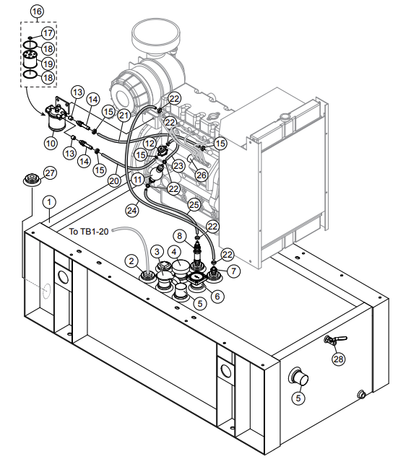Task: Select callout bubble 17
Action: [48, 33]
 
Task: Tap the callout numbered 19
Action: [48, 62]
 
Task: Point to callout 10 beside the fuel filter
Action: [51, 143]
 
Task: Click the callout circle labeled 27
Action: [49, 172]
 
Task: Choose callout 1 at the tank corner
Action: [48, 202]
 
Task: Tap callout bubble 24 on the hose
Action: [131, 210]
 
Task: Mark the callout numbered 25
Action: [194, 205]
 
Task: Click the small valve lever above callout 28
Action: [334, 339]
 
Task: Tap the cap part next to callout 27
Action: [30, 180]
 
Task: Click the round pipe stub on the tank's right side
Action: [297, 376]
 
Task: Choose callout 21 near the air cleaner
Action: [124, 115]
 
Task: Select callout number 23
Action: [178, 165]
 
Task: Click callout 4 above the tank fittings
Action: [174, 252]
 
